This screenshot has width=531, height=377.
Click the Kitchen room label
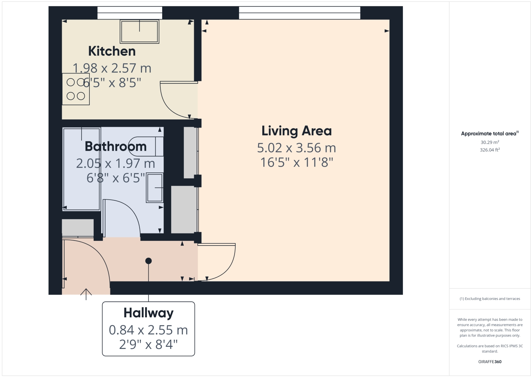(112, 51)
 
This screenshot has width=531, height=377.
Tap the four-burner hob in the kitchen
(76, 89)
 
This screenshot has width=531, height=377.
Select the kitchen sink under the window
(139, 31)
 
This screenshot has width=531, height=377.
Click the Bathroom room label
(116, 146)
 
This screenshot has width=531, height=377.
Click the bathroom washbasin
(155, 188)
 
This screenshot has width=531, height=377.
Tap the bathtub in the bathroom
(81, 169)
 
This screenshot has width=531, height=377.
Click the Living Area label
(296, 131)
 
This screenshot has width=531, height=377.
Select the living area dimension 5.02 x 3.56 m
(296, 148)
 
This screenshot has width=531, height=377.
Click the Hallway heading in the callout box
(148, 313)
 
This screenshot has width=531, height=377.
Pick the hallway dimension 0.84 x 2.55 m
(148, 330)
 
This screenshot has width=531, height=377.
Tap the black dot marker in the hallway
(148, 261)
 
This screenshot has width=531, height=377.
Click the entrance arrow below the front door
(86, 294)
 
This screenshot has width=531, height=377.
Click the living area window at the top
(300, 13)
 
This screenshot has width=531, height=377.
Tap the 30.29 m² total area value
(490, 142)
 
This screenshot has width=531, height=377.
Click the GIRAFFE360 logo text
(490, 362)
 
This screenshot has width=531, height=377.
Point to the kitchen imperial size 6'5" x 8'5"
(112, 83)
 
